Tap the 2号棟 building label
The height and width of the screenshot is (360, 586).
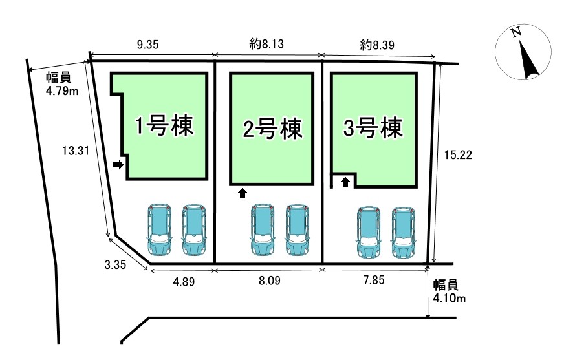pyautogui.click(x=272, y=129)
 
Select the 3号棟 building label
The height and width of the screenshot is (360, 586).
pyautogui.click(x=373, y=127)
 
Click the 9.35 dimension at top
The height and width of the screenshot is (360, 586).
pyautogui.click(x=147, y=45)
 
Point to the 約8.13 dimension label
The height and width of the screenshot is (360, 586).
pyautogui.click(x=267, y=45)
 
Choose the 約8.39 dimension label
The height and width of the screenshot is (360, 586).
pyautogui.click(x=376, y=45)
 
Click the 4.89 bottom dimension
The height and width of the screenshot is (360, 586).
pyautogui.click(x=183, y=282)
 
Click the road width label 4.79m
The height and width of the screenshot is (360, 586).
pyautogui.click(x=62, y=85)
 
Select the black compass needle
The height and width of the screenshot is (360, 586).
pyautogui.click(x=530, y=61)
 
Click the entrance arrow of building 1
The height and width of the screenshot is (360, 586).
pyautogui.click(x=118, y=165)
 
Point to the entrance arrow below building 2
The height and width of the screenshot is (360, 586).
pyautogui.click(x=243, y=192)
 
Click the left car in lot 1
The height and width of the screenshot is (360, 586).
pyautogui.click(x=159, y=229)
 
